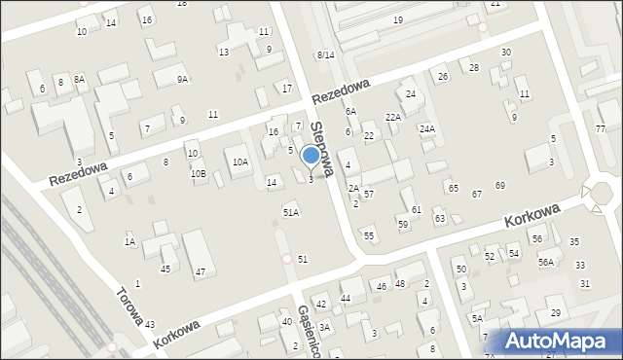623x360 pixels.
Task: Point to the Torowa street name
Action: [130, 306]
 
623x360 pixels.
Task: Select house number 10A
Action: [239, 162]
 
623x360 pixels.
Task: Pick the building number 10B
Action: [198, 173]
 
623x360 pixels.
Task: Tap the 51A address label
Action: [290, 211]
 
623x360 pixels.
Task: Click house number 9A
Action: [182, 79]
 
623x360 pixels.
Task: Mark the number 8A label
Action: [79, 79]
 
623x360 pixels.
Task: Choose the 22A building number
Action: [392, 117]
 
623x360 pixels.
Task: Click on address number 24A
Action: [426, 128]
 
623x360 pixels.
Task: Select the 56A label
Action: [545, 262]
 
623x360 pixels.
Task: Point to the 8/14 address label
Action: [325, 54]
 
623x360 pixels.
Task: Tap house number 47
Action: [200, 272]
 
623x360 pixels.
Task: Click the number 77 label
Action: [601, 129]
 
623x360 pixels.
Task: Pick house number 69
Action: [500, 185]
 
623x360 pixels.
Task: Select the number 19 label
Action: [397, 19]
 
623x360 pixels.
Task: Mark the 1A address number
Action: [129, 241]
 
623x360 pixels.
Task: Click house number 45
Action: [165, 269]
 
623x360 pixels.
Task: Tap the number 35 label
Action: [574, 241]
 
